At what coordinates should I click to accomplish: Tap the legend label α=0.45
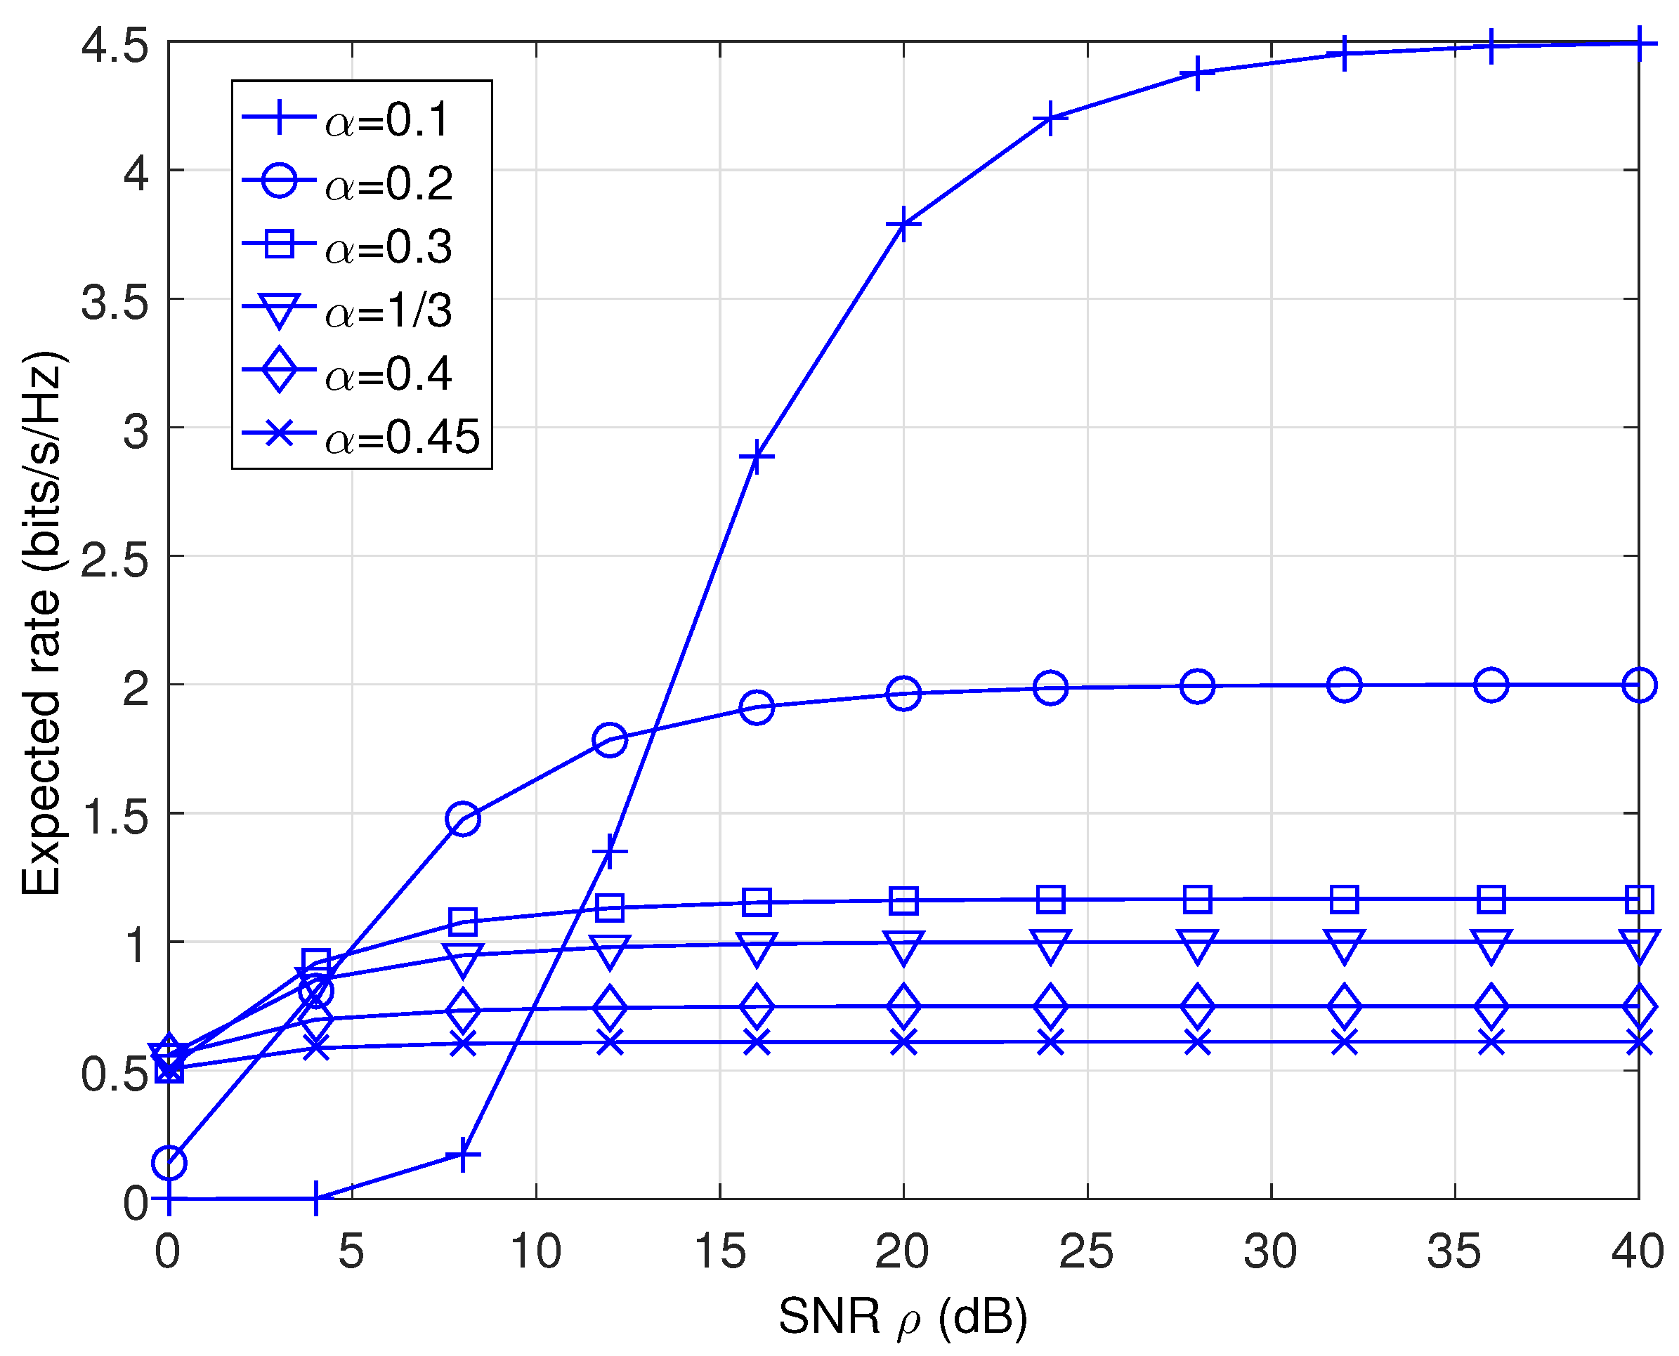(402, 437)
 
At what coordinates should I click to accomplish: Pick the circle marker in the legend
(279, 182)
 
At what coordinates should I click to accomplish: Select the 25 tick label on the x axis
(1086, 1251)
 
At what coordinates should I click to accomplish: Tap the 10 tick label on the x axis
(535, 1251)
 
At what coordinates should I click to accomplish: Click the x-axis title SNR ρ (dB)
(903, 1315)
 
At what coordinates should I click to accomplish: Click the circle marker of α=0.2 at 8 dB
(462, 819)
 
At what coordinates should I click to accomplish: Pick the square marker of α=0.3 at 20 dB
(903, 901)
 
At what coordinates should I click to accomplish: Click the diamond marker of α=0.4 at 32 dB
(1344, 1006)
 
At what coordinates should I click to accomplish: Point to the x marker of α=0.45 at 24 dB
(1050, 1042)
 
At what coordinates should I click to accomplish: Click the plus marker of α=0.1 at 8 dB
(462, 1154)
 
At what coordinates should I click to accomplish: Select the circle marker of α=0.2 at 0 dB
(169, 1163)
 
